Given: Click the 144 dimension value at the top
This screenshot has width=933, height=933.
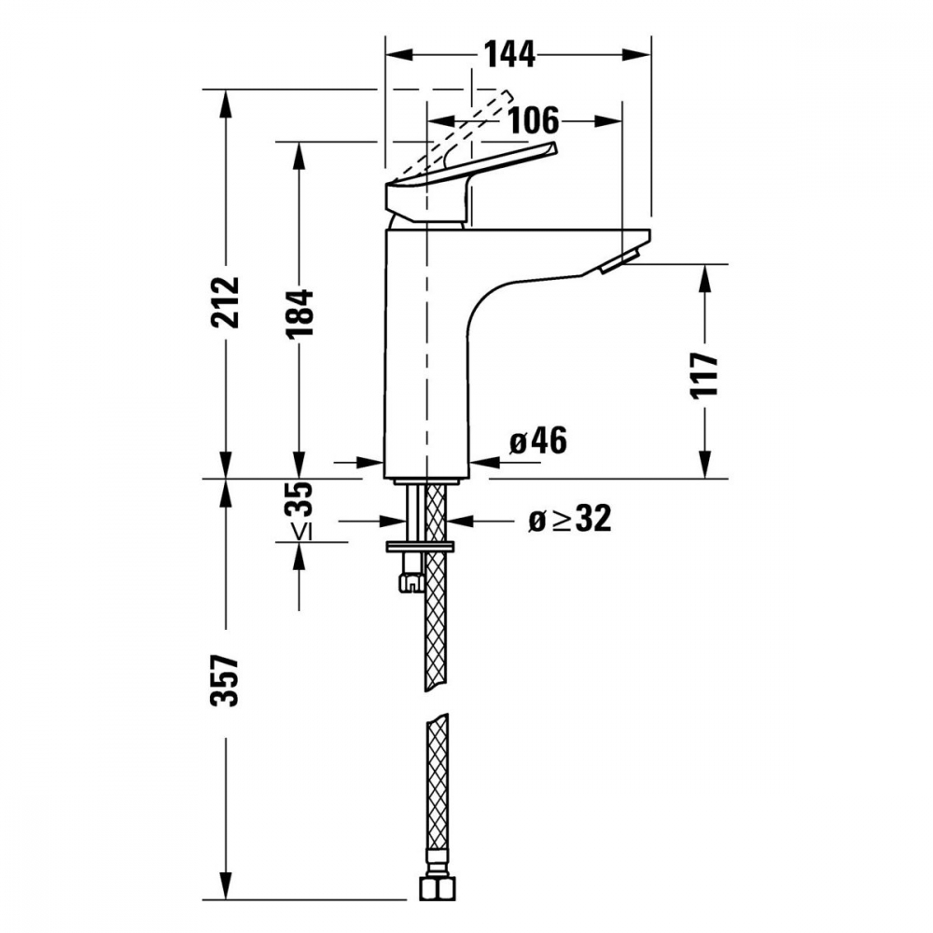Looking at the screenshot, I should (x=509, y=55).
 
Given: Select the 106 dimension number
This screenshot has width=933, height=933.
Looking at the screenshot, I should (x=534, y=120).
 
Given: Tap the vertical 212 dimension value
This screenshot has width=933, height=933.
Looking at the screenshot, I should (x=225, y=301).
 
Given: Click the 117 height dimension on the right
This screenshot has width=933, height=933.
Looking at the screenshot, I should (x=705, y=375).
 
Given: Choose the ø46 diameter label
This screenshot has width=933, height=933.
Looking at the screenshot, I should (x=538, y=441).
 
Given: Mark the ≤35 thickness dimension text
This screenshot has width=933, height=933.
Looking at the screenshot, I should (x=299, y=511).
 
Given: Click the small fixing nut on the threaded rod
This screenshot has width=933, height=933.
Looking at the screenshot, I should (x=409, y=582).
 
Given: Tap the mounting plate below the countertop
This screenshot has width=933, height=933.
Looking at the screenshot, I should (x=418, y=545).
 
